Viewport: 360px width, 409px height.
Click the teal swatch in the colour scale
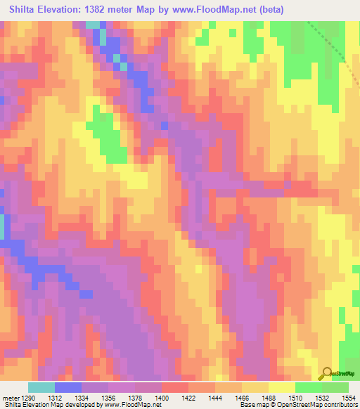[41, 387]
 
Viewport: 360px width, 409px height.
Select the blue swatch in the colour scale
[68, 387]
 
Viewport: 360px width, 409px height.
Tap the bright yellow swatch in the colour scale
[281, 387]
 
